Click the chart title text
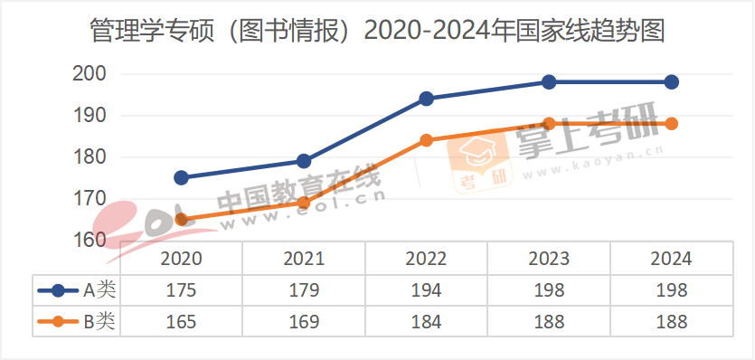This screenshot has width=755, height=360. [x=377, y=32]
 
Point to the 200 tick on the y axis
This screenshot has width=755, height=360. [x=89, y=74]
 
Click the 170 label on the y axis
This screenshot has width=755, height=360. [x=89, y=198]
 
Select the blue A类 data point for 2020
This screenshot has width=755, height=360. [x=181, y=177]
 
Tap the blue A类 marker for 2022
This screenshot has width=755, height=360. [x=426, y=99]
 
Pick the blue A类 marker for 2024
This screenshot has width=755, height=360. [x=671, y=82]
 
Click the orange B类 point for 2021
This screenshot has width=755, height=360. [x=304, y=203]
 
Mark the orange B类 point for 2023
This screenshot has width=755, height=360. [x=549, y=124]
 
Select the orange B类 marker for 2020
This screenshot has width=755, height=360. [x=181, y=219]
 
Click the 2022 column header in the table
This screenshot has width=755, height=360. [x=426, y=259]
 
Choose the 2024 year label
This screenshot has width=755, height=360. [x=671, y=259]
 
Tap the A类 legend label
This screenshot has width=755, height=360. [x=99, y=290]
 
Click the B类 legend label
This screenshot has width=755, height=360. [x=99, y=321]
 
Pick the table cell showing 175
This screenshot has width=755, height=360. [x=181, y=290]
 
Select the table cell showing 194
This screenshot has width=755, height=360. [x=426, y=290]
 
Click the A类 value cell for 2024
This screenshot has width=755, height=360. [x=671, y=290]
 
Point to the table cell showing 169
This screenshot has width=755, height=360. [x=304, y=321]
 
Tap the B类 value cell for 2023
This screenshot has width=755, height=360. [x=549, y=321]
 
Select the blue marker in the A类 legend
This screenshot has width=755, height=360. [x=59, y=290]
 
